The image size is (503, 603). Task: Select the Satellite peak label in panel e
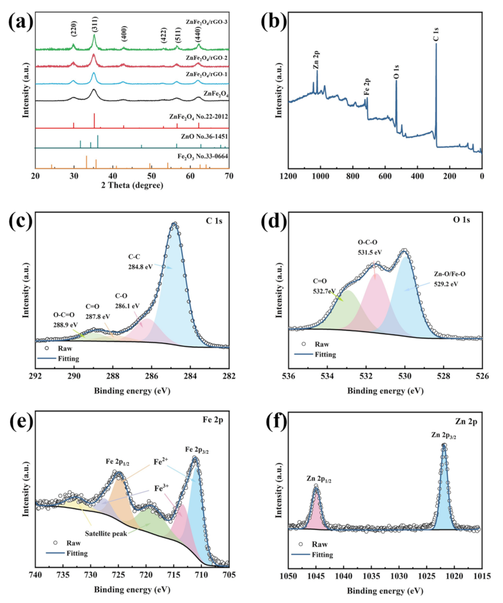[x=105, y=534]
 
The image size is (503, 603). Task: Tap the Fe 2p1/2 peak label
[x=118, y=461]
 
